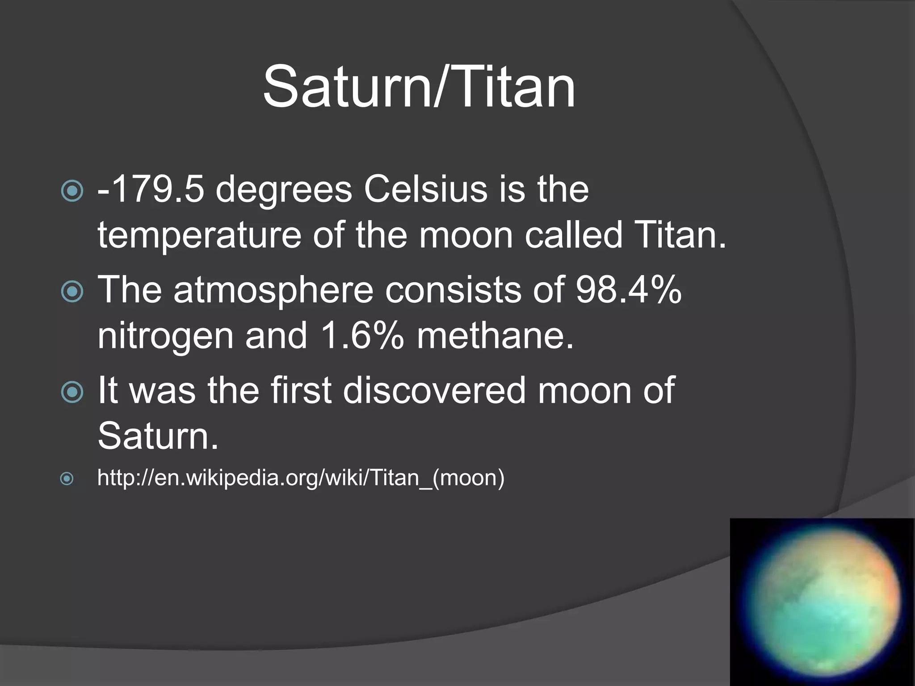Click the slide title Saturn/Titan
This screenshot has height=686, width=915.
419,87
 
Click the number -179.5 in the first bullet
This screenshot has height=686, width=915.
151,189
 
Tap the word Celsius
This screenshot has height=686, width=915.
425,189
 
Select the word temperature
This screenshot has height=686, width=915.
199,235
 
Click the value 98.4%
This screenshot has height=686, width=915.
628,290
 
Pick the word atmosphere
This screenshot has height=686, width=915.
273,291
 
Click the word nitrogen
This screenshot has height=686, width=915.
165,336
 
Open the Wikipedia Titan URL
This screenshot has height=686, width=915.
301,478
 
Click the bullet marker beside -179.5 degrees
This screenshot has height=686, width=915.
72,191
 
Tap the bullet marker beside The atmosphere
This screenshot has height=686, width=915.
72,292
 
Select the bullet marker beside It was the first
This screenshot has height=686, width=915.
72,392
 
